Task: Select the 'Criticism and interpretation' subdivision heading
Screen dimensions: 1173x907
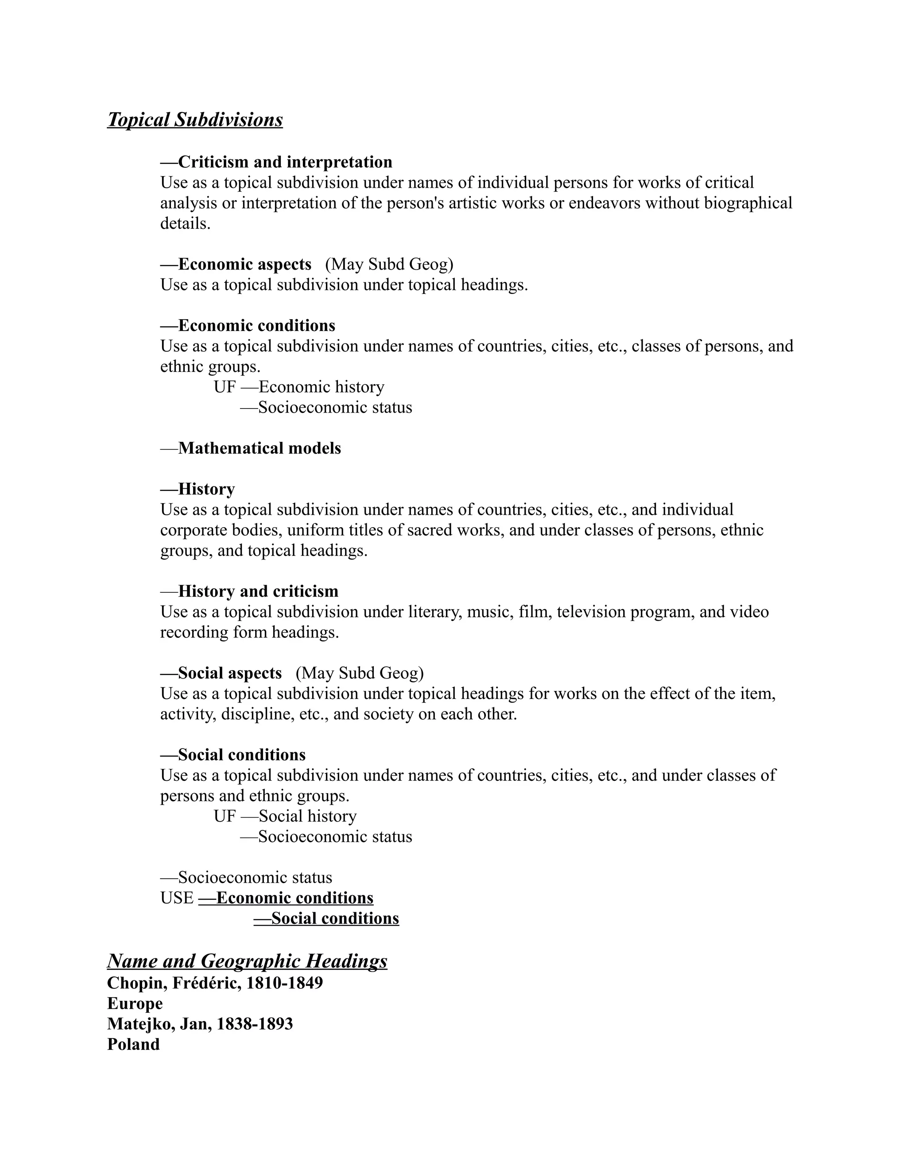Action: click(276, 162)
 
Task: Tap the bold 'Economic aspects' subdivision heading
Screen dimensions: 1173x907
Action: click(236, 264)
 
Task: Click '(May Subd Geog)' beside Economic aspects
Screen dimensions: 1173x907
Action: click(389, 264)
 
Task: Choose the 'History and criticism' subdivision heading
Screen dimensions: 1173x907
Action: click(249, 591)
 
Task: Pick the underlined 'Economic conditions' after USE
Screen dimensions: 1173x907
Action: click(286, 898)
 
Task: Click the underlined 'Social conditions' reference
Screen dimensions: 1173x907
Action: click(326, 918)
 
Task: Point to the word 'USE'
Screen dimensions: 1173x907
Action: click(177, 898)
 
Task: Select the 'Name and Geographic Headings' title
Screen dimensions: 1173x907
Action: click(247, 961)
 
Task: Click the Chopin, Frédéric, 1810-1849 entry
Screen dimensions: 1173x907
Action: click(215, 983)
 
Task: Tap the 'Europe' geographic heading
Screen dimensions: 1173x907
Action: click(135, 1003)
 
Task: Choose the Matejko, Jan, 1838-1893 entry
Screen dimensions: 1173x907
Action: click(200, 1024)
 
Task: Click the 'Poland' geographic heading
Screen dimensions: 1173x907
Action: click(133, 1044)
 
